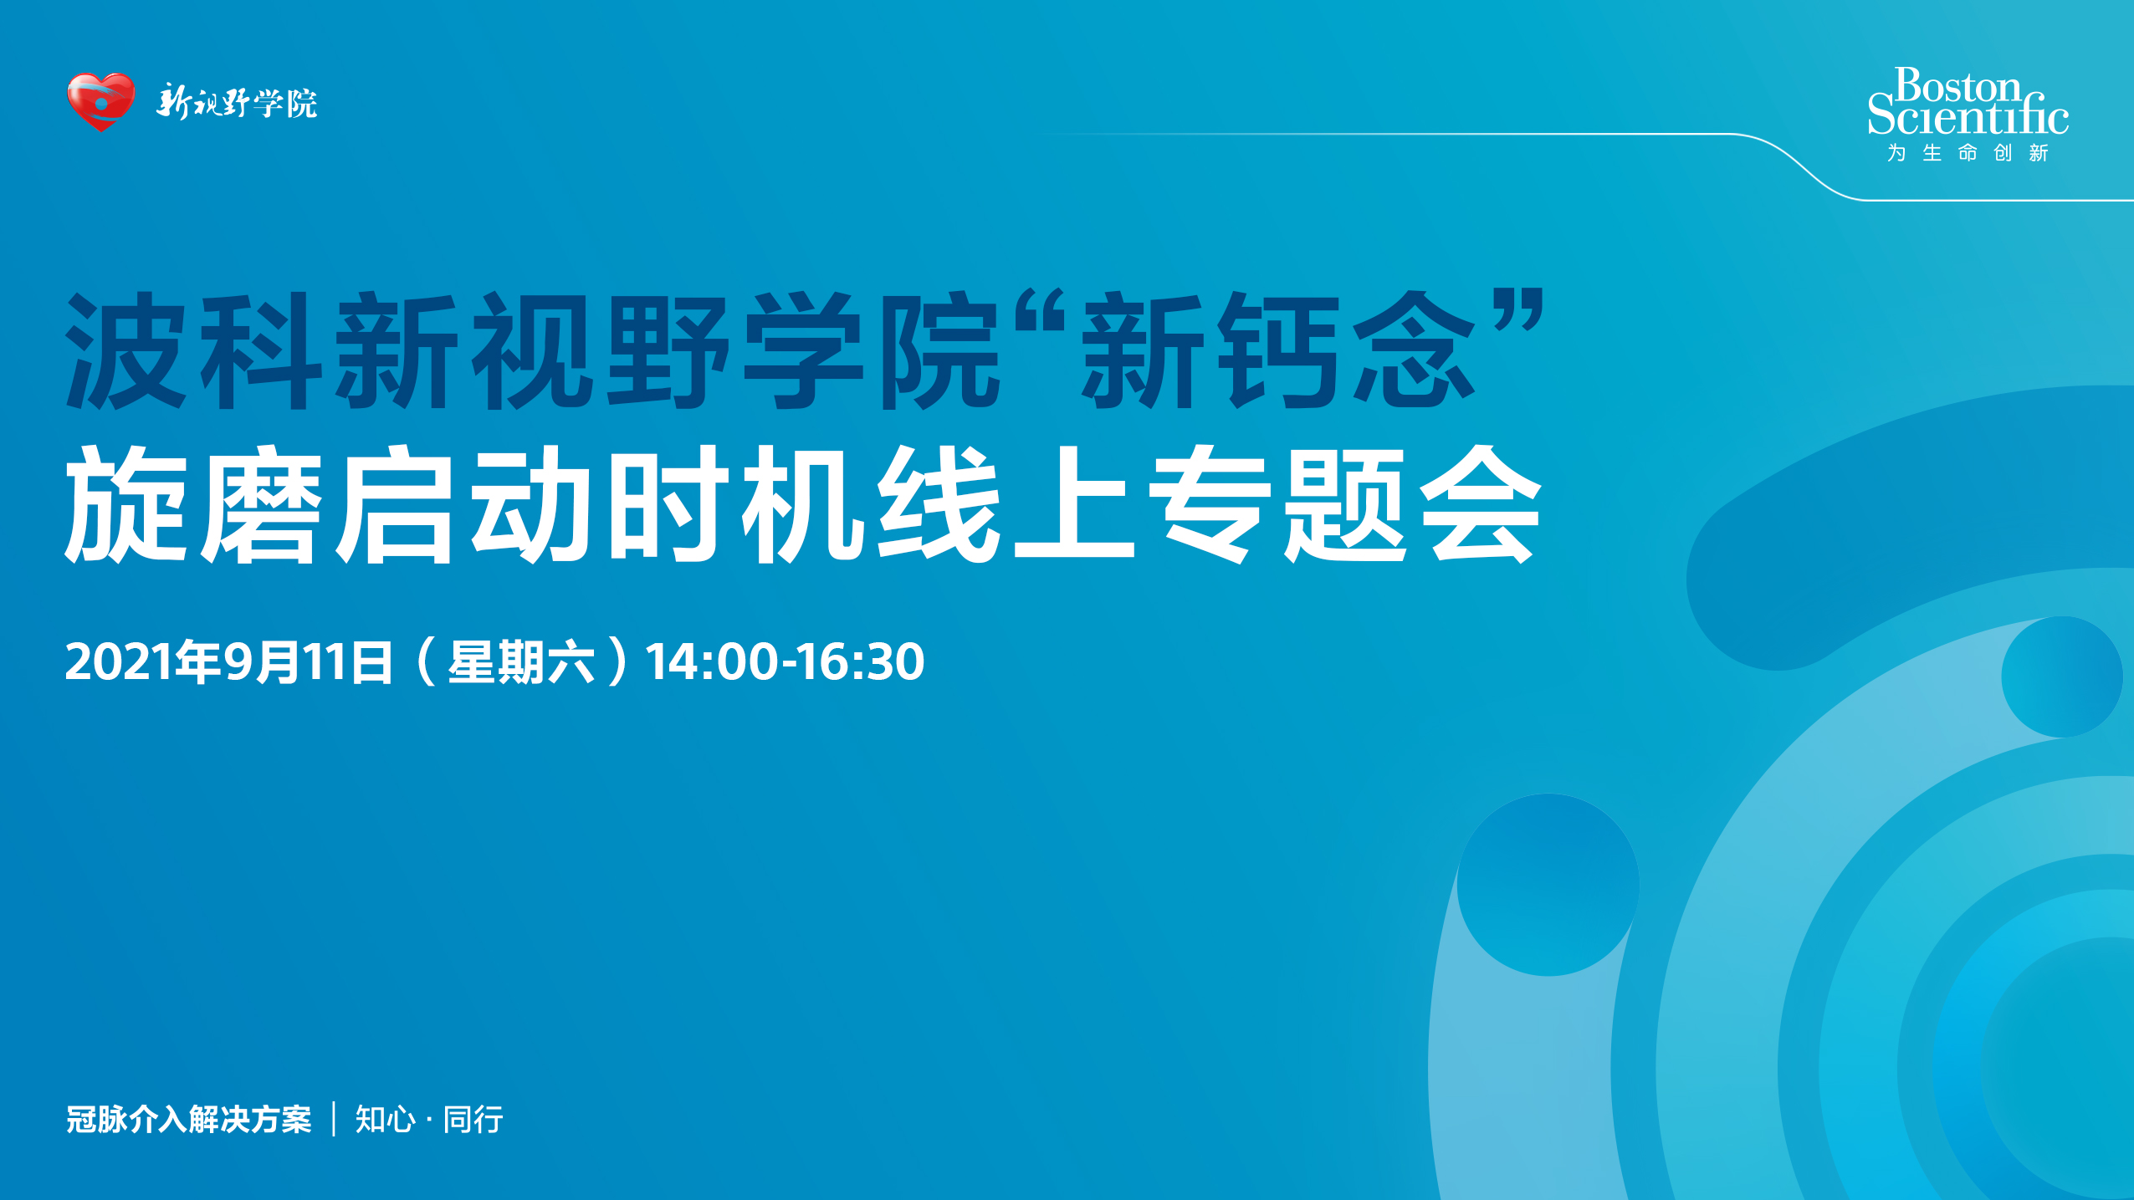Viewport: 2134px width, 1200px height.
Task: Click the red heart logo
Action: (x=100, y=101)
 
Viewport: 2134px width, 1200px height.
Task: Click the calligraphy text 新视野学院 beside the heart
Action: (x=237, y=103)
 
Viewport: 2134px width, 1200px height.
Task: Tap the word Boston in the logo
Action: (x=1957, y=86)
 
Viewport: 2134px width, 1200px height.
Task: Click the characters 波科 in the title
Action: (x=194, y=350)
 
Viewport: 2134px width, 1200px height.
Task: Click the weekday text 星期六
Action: (x=521, y=662)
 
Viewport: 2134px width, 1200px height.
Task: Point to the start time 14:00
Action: (x=711, y=662)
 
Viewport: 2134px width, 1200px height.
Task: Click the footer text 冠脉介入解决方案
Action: (x=189, y=1119)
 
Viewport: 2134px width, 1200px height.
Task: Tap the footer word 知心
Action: (x=385, y=1119)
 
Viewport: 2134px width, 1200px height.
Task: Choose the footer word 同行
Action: (x=473, y=1119)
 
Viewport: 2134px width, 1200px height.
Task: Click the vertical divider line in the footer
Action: (x=334, y=1119)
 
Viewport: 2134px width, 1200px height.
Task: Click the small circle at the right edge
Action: (x=2062, y=677)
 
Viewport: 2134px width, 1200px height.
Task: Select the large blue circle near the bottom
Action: (x=1548, y=884)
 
